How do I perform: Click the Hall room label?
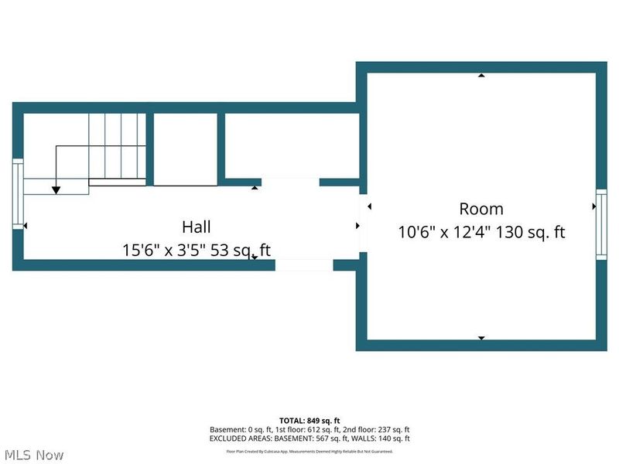[x=197, y=227]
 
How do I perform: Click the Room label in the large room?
[x=481, y=209]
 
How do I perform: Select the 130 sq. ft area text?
[x=530, y=231]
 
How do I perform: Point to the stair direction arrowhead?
[x=56, y=189]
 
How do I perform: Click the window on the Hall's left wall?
[x=17, y=193]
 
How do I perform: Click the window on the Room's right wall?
[x=600, y=224]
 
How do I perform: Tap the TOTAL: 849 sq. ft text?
[x=309, y=421]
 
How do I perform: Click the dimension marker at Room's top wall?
[x=481, y=76]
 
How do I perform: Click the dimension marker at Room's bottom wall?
[x=481, y=338]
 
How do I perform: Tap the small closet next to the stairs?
[x=186, y=148]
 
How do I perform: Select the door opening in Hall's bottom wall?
[x=304, y=265]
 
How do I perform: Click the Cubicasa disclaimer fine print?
[x=309, y=451]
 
